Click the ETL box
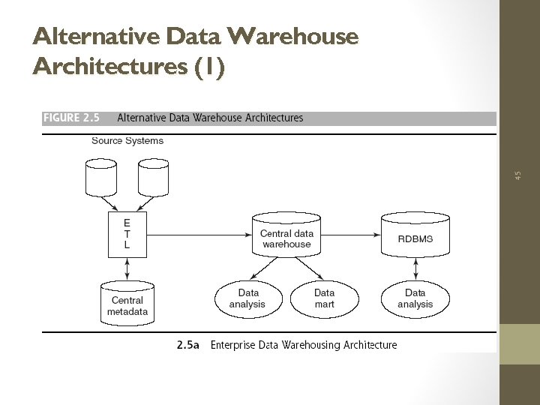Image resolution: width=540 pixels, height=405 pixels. click(x=127, y=234)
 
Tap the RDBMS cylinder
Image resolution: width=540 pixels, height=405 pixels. click(x=415, y=234)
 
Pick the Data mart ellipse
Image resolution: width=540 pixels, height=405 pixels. click(x=324, y=298)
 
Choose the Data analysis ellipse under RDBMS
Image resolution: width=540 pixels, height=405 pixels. click(x=415, y=298)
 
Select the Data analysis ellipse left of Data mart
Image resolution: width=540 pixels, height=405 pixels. click(x=248, y=298)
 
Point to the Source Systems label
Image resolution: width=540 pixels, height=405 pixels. click(x=127, y=140)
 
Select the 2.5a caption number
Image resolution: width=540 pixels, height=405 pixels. click(x=187, y=345)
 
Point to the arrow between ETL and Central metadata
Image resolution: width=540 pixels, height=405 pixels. click(x=127, y=268)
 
